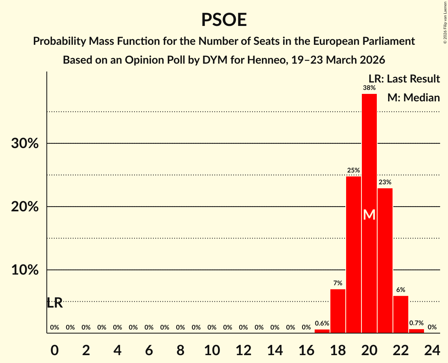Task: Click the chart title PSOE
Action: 224,20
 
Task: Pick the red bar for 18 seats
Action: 337,311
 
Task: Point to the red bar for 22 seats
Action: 400,314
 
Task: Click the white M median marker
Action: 369,215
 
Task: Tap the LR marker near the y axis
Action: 55,303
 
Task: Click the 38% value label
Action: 369,88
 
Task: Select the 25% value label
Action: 353,170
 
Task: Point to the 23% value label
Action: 385,182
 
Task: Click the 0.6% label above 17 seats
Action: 322,323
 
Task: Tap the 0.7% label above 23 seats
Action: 416,323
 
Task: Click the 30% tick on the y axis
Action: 25,144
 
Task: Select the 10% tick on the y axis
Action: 25,270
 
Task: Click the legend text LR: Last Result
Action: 404,79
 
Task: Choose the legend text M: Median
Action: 413,98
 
